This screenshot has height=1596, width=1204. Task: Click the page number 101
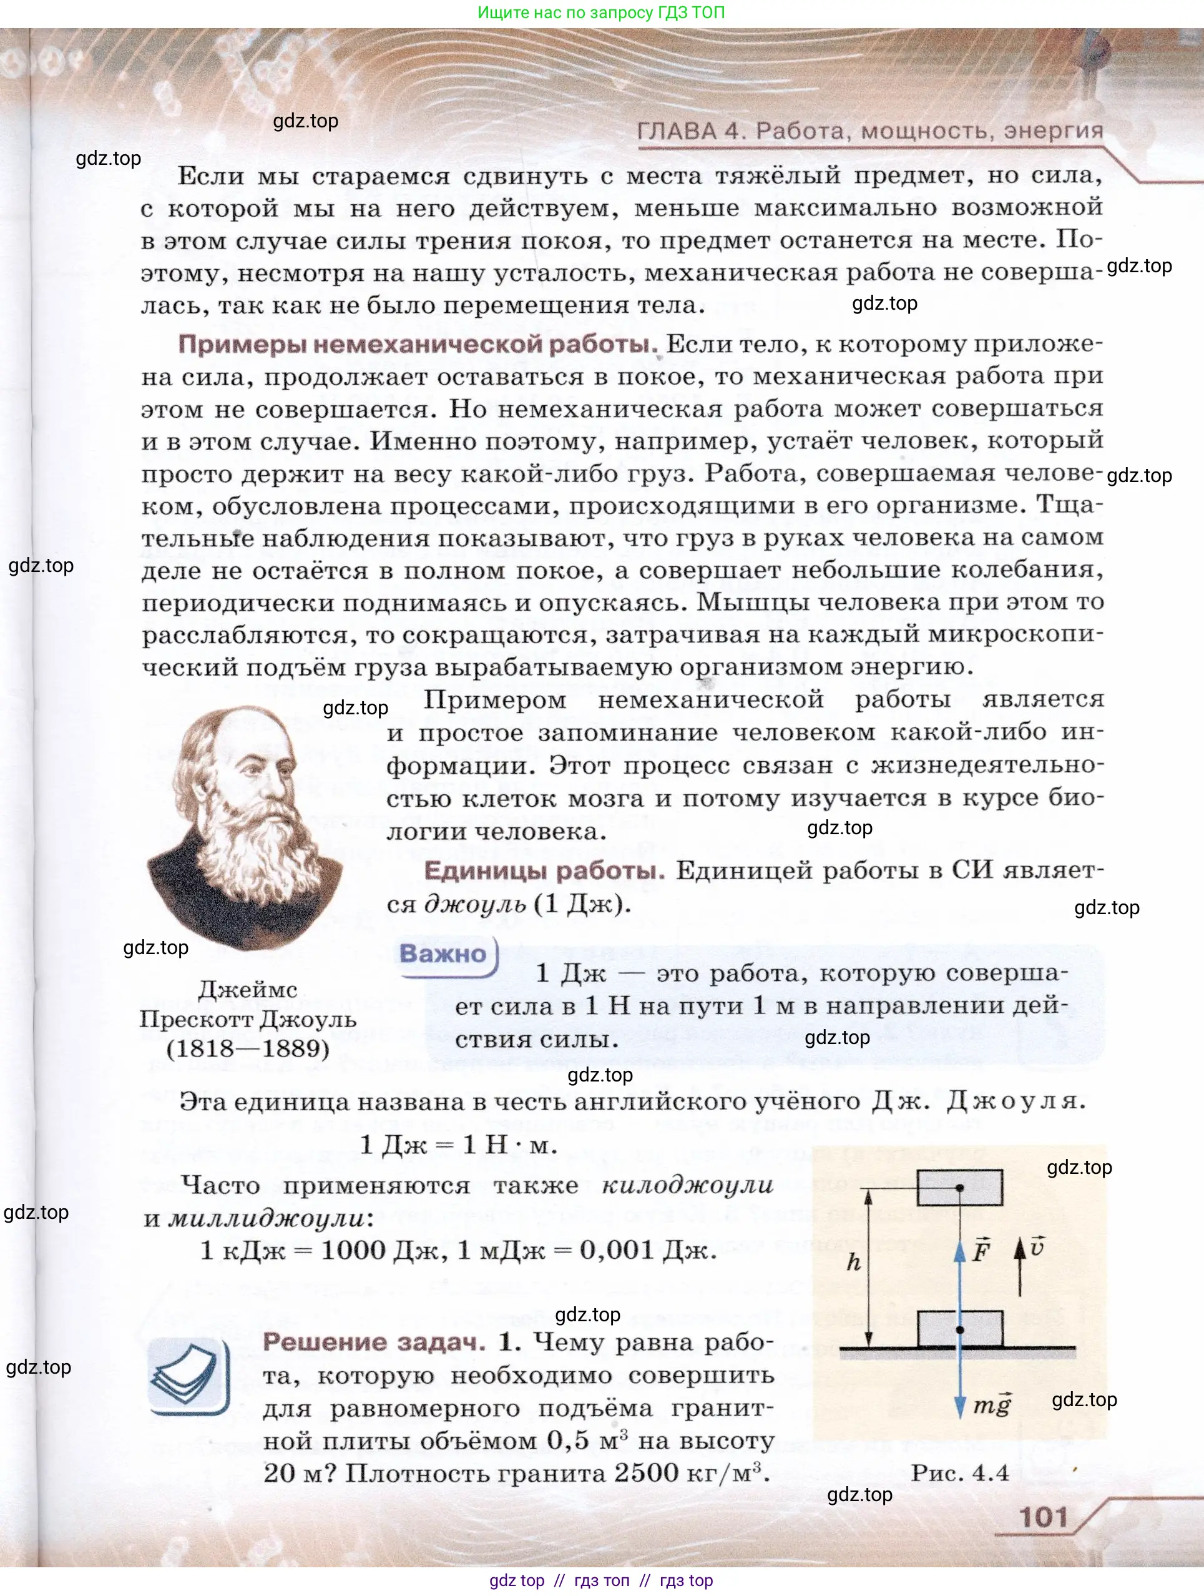coord(1042,1517)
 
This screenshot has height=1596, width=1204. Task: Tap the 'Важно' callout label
coord(443,954)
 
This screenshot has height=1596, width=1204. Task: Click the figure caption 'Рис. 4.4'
coord(959,1472)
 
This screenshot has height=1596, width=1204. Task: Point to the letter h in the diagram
coord(854,1262)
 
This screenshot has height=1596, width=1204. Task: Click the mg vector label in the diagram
coord(992,1405)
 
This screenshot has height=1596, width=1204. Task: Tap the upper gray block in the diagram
coord(959,1188)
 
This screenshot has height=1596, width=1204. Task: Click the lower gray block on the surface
coord(959,1329)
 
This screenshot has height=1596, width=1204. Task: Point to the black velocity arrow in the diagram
coord(1020,1268)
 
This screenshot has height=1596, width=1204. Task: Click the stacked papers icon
coord(188,1376)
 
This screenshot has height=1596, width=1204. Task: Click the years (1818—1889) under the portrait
coord(247,1049)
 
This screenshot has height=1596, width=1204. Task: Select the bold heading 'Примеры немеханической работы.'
coord(417,344)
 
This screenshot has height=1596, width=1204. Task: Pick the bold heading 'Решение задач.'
coord(374,1342)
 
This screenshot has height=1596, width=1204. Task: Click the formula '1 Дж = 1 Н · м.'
coord(458,1145)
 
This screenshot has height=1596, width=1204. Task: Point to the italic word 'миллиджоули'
coord(267,1219)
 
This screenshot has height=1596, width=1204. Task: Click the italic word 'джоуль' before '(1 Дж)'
coord(476,904)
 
